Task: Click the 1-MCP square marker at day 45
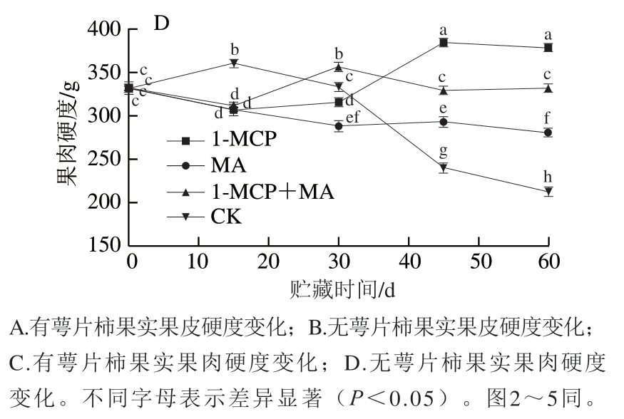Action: pyautogui.click(x=444, y=43)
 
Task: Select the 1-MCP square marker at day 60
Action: pyautogui.click(x=548, y=48)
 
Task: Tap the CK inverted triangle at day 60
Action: pyautogui.click(x=548, y=192)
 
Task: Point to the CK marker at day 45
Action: pyautogui.click(x=444, y=168)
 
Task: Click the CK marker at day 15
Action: pyautogui.click(x=233, y=63)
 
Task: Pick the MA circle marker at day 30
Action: pyautogui.click(x=339, y=126)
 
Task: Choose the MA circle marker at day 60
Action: pyautogui.click(x=548, y=133)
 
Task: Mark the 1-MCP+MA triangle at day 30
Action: pyautogui.click(x=339, y=67)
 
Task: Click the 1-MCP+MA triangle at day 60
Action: pyautogui.click(x=548, y=88)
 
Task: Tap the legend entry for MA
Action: pyautogui.click(x=227, y=166)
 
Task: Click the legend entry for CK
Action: pyautogui.click(x=225, y=217)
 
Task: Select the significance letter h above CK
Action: pyautogui.click(x=548, y=177)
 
